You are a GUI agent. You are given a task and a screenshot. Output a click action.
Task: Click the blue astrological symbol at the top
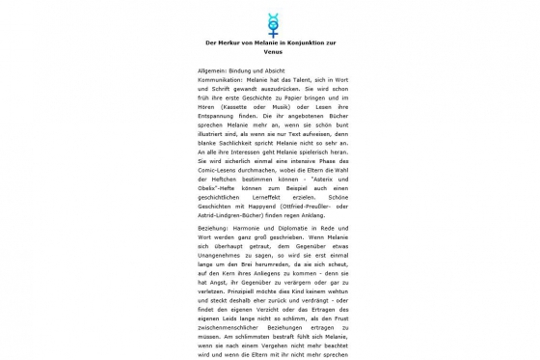[269, 22]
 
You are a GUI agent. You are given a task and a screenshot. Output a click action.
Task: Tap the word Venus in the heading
[270, 53]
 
